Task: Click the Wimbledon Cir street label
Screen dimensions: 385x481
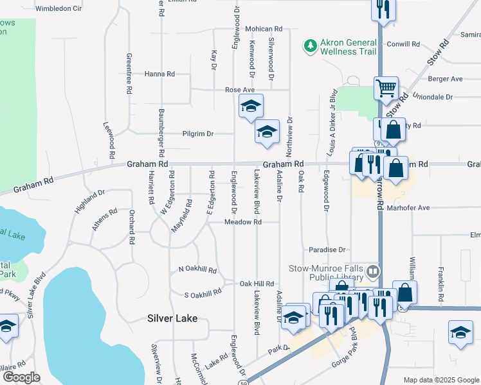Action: coord(59,9)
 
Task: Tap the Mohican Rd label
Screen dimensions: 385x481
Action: coord(264,29)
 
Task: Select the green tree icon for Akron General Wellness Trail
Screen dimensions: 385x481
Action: coord(311,45)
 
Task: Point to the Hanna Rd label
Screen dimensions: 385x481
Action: coord(159,74)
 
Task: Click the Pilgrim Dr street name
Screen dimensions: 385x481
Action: coord(198,133)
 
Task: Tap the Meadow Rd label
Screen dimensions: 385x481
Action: coord(243,222)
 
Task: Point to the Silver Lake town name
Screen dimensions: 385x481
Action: coord(172,318)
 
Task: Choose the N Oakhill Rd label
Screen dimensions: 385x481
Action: coord(197,270)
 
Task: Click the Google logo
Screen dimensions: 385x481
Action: coord(21,377)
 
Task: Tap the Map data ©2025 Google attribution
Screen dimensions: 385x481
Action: coord(440,380)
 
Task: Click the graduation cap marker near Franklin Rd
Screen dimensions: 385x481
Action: coord(461,332)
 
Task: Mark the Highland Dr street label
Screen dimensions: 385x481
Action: coord(89,197)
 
